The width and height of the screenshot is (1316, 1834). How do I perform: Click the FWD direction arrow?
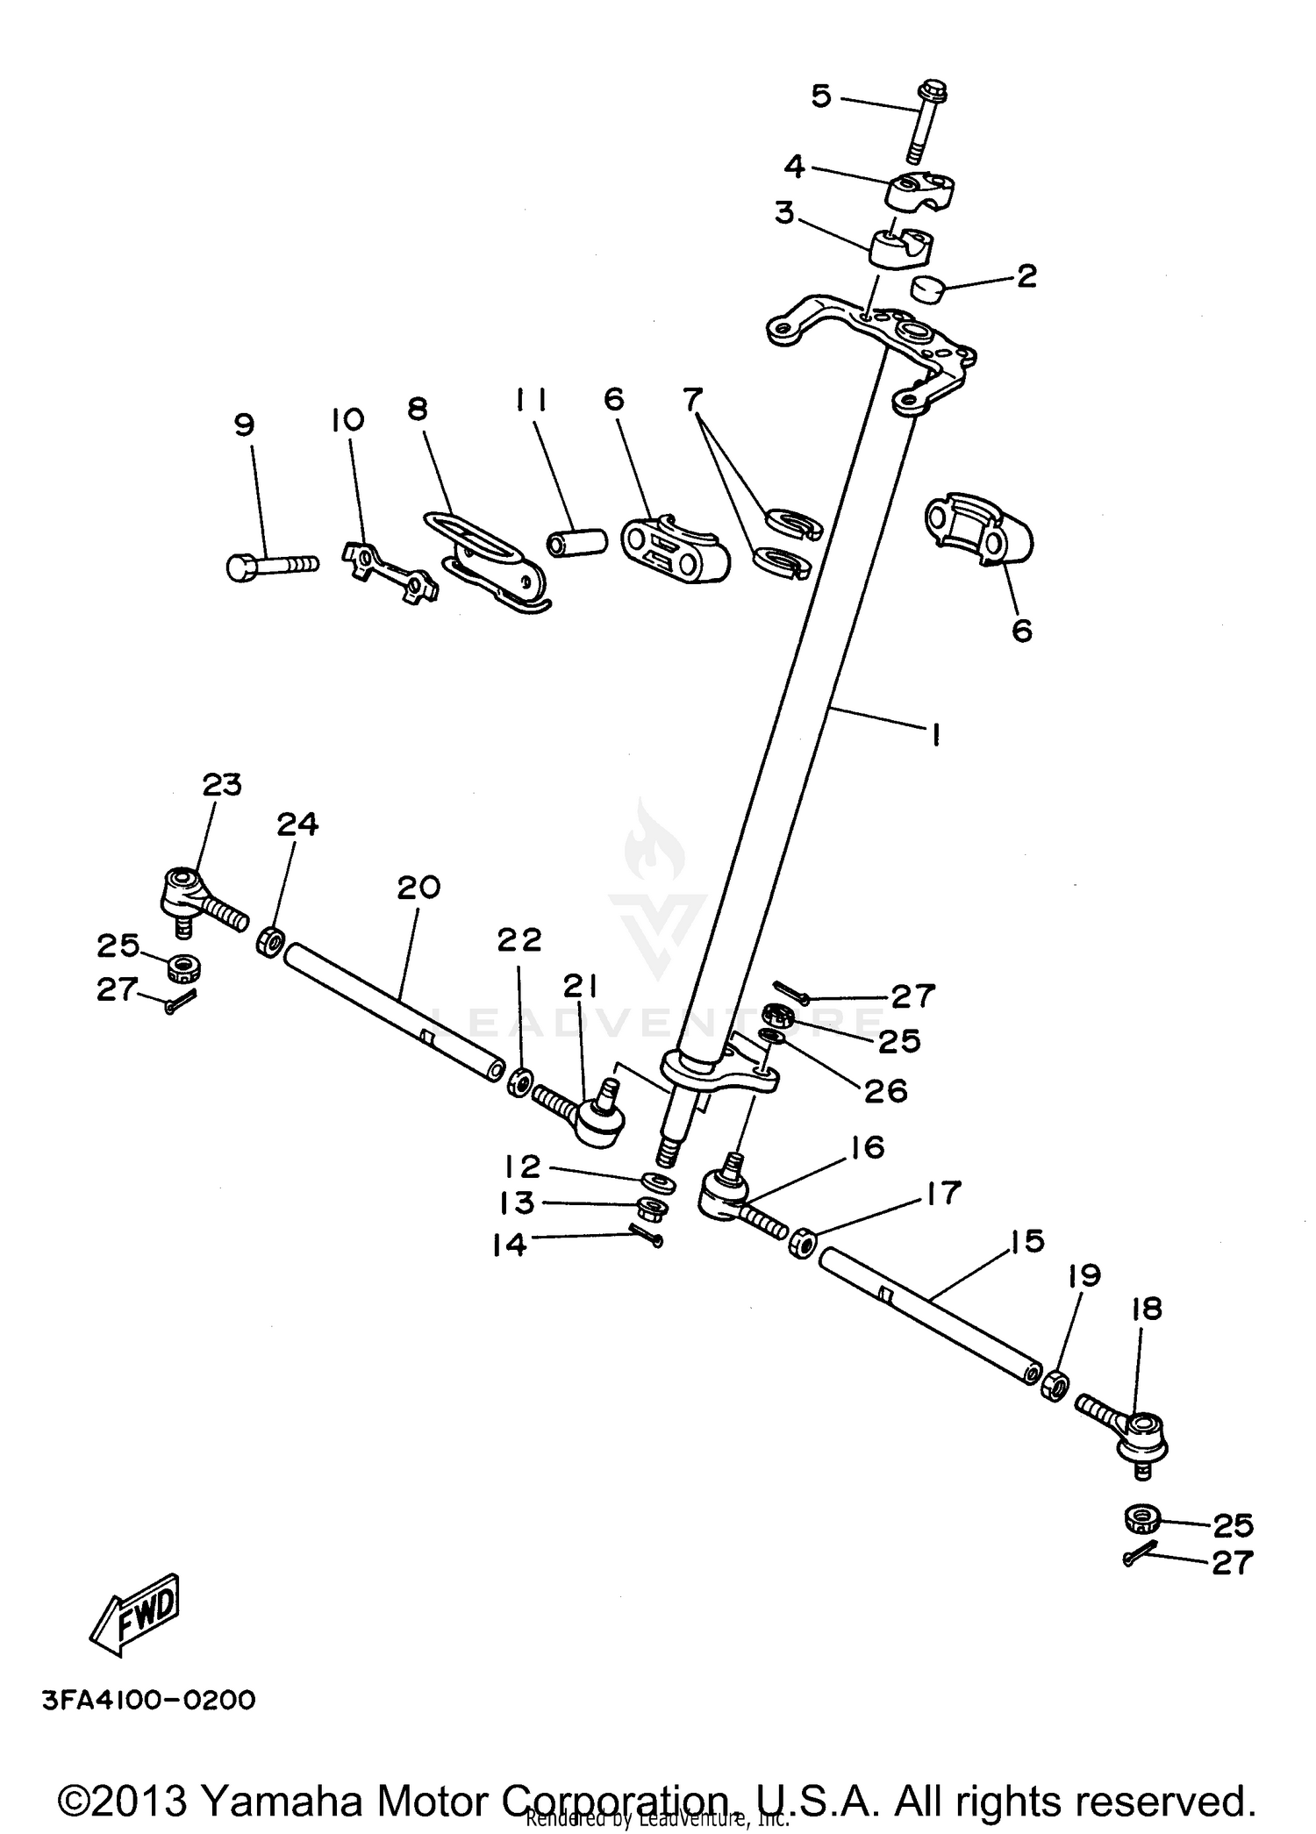[137, 1616]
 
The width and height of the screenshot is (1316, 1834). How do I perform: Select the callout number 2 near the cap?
[1026, 276]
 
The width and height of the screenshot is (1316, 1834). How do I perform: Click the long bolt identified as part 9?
[269, 566]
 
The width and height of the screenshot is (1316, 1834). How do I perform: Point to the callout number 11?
[531, 401]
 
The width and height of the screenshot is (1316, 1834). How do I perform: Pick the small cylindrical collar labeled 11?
[576, 541]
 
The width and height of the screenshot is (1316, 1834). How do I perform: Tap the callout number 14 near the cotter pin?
[510, 1244]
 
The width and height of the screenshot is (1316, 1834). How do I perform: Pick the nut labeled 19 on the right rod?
[1055, 1384]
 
